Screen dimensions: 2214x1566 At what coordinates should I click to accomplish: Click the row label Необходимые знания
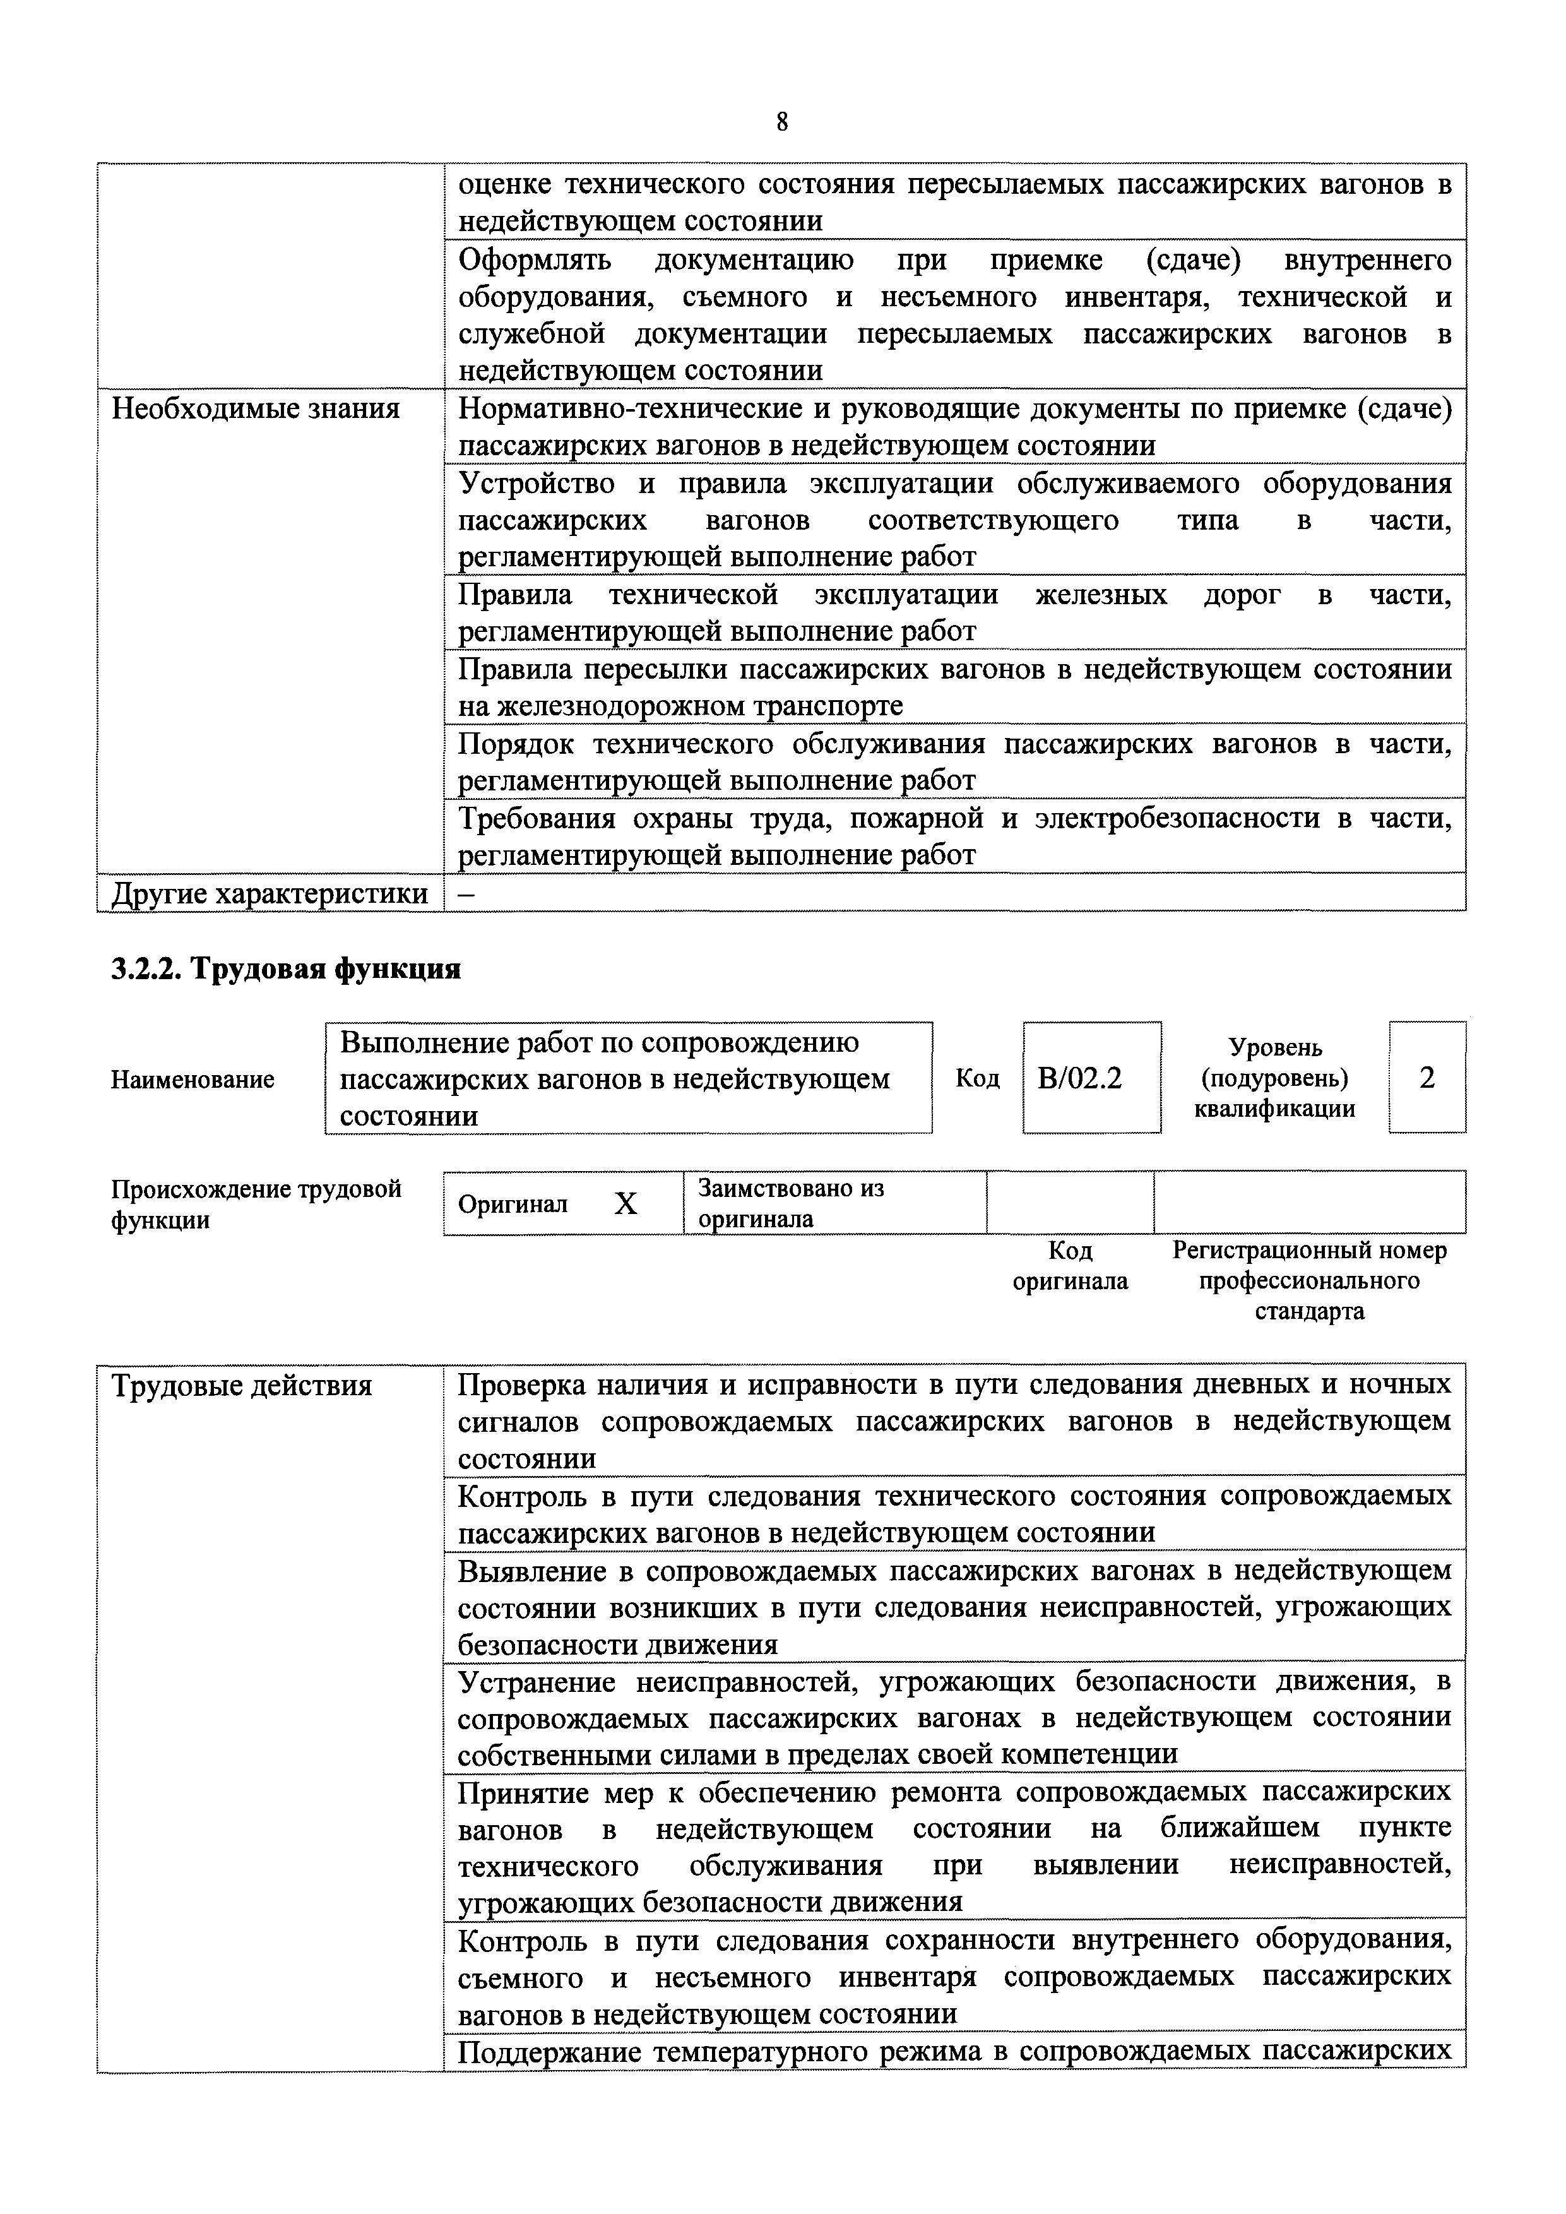(256, 409)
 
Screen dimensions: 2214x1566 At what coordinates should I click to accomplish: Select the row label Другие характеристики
(270, 893)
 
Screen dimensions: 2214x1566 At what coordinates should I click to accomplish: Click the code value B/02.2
(1080, 1077)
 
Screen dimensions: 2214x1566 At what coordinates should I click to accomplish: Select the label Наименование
(193, 1079)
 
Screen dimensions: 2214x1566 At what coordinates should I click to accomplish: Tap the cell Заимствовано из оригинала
(791, 1203)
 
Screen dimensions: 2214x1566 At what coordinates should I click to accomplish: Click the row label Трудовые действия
(242, 1386)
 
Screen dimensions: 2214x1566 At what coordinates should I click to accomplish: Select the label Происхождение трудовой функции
(256, 1203)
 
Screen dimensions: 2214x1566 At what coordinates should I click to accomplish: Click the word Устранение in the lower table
(538, 1682)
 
